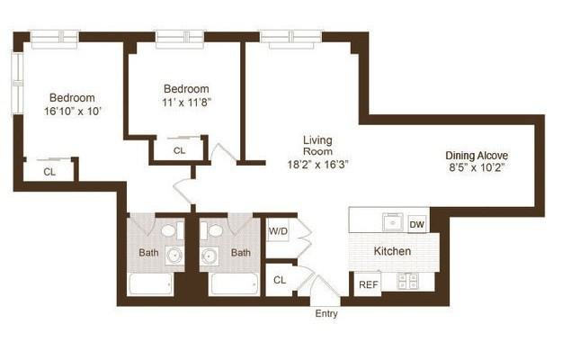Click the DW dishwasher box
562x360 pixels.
[417, 224]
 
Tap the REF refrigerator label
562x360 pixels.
[368, 284]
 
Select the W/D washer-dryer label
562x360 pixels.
[278, 231]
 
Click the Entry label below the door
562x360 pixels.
[326, 314]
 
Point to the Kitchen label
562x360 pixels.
[392, 251]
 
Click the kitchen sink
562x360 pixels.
[393, 222]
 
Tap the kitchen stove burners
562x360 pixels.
[407, 281]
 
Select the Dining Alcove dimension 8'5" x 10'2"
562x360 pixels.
[477, 167]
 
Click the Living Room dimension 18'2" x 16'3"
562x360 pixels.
[317, 165]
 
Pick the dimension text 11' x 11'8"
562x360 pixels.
[186, 103]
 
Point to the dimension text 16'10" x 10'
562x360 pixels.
[73, 112]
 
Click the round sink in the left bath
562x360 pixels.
[174, 256]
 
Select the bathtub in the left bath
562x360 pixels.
[150, 284]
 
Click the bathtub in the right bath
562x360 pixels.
[235, 284]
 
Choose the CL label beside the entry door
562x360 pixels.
[280, 280]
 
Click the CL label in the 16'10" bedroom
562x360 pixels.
[49, 172]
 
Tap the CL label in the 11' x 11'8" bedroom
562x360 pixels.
[179, 150]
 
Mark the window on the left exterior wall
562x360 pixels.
[17, 84]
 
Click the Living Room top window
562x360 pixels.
[290, 39]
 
